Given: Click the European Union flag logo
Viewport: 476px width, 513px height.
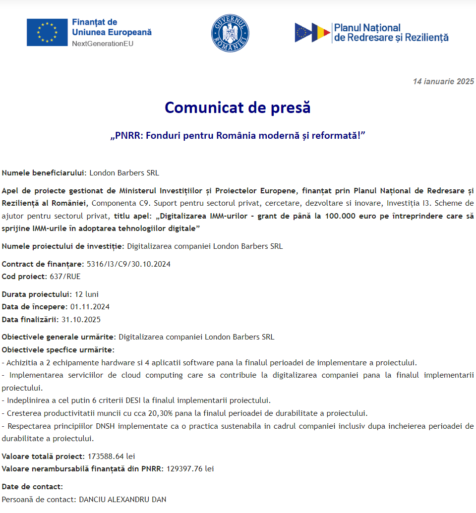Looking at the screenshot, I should pyautogui.click(x=47, y=32).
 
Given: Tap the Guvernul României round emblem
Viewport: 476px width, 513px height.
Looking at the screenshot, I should pyautogui.click(x=230, y=33).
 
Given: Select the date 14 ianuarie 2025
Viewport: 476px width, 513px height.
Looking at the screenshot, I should pyautogui.click(x=443, y=82).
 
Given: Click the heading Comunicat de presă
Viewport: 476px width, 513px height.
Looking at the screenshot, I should pyautogui.click(x=238, y=107).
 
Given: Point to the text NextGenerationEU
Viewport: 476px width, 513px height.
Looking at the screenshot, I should pyautogui.click(x=103, y=44).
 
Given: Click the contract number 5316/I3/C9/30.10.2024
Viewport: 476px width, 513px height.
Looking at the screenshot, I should pyautogui.click(x=128, y=264).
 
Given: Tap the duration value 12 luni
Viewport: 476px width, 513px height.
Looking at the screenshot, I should pyautogui.click(x=87, y=294).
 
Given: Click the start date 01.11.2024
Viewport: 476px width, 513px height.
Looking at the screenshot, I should pyautogui.click(x=90, y=307).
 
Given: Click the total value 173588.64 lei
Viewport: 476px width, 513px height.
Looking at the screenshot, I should pyautogui.click(x=112, y=456).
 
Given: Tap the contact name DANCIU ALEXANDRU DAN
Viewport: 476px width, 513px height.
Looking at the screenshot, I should pyautogui.click(x=122, y=499).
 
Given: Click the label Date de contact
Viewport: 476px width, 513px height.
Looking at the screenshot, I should pyautogui.click(x=32, y=487).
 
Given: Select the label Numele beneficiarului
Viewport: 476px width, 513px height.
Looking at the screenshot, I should pyautogui.click(x=44, y=173).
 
